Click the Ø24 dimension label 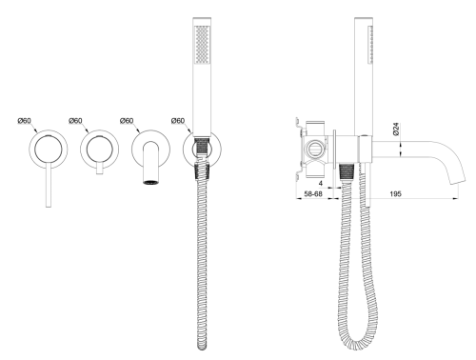click(x=395, y=130)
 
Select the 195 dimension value click(x=395, y=193)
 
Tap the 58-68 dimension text click(x=313, y=193)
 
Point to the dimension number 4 click(x=321, y=183)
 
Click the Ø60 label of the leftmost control click(x=24, y=121)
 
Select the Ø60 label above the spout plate click(x=127, y=121)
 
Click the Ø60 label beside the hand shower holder click(x=178, y=121)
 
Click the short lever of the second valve click(x=100, y=169)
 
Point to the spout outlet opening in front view click(x=150, y=182)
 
